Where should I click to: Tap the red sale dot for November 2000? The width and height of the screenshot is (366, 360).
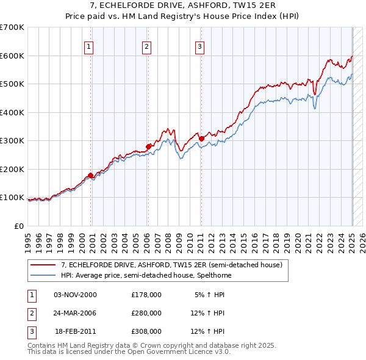pyautogui.click(x=91, y=176)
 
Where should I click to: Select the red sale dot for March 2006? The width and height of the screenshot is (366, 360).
pyautogui.click(x=148, y=146)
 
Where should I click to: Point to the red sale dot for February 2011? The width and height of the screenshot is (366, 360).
pyautogui.click(x=201, y=139)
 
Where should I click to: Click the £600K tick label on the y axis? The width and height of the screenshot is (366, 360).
pyautogui.click(x=12, y=56)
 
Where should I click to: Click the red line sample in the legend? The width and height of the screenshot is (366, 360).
pyautogui.click(x=43, y=265)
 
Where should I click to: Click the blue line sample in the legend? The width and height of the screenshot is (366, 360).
pyautogui.click(x=43, y=275)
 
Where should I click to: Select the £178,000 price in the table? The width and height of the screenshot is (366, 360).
pyautogui.click(x=146, y=294)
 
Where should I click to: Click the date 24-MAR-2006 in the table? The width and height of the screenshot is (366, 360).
pyautogui.click(x=75, y=313)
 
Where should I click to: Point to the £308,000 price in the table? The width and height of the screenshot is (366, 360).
pyautogui.click(x=146, y=332)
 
